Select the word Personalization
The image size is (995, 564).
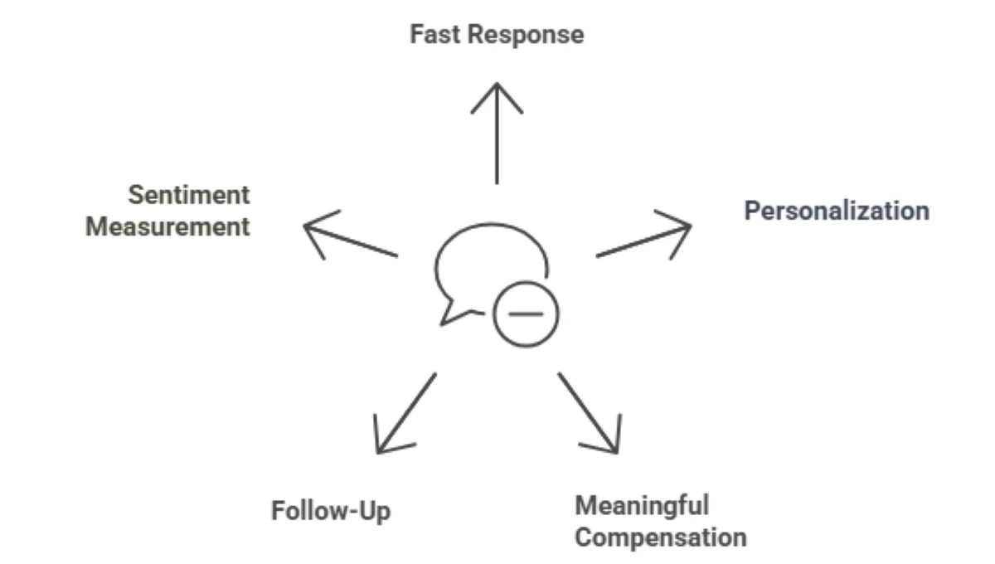[836, 211]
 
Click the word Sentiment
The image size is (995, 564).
[188, 196]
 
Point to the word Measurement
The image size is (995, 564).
[167, 226]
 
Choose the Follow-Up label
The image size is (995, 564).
[331, 510]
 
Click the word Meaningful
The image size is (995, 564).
[642, 504]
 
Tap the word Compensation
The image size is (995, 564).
[661, 537]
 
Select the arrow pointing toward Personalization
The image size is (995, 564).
[638, 241]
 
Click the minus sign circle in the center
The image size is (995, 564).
[526, 314]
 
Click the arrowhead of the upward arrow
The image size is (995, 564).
[497, 90]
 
